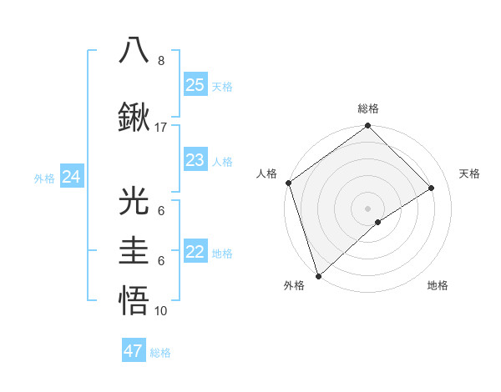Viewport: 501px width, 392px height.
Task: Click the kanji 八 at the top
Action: coord(134,50)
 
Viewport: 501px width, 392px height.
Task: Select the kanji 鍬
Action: coord(134,117)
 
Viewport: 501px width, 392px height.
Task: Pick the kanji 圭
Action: coord(134,250)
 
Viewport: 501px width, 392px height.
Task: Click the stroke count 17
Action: coord(161,128)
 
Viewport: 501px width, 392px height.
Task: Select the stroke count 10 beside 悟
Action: coord(161,311)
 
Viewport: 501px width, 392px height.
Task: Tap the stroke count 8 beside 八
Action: coord(161,61)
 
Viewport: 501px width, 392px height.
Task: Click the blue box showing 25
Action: coord(195,84)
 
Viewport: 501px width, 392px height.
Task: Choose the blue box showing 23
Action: coord(195,159)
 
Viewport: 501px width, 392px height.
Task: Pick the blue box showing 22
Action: coord(195,252)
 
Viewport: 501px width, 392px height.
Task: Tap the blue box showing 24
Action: coord(71,177)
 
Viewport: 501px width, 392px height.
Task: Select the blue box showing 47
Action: coord(134,351)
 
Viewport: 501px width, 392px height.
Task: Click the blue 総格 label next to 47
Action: coord(160,353)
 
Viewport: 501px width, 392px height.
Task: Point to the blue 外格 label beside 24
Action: coord(44,178)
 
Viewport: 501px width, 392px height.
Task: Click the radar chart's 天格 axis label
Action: coord(470,173)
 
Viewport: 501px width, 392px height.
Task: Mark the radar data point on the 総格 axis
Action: coord(367,127)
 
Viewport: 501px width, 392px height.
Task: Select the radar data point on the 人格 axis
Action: coord(288,183)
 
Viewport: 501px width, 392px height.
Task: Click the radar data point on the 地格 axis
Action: coord(378,222)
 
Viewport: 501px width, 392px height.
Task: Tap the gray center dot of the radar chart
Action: coord(367,208)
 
